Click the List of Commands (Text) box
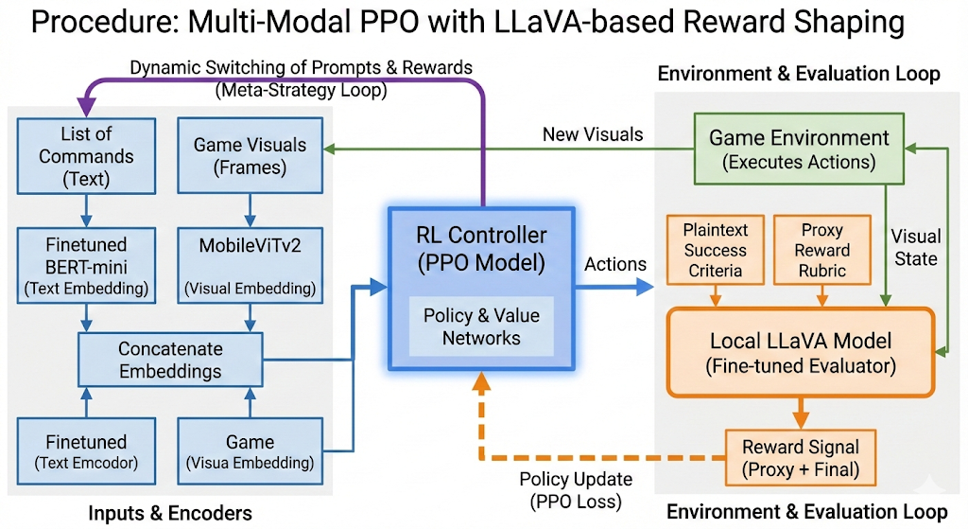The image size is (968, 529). click(85, 157)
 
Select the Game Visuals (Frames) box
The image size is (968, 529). click(250, 157)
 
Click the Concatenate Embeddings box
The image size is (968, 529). click(170, 361)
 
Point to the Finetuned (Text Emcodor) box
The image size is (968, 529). click(87, 451)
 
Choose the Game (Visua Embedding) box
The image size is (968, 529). click(250, 451)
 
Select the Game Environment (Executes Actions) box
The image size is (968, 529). click(799, 150)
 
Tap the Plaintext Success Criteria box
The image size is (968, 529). click(715, 250)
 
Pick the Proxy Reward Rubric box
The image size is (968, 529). click(821, 250)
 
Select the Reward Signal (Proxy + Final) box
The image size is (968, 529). click(800, 457)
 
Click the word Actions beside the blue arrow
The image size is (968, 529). click(616, 265)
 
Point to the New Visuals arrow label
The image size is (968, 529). click(593, 134)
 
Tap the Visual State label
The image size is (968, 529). click(916, 246)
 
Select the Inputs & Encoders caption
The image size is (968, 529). click(170, 513)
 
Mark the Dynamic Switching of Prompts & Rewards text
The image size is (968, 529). click(301, 68)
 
